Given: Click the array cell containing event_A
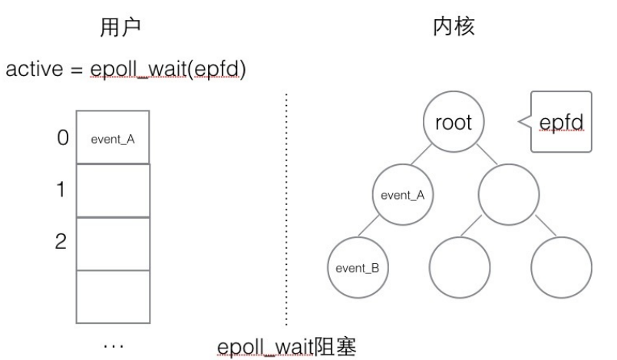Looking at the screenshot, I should tap(112, 138).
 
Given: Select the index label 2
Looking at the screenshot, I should tap(61, 243).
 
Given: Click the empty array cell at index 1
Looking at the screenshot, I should tap(112, 190).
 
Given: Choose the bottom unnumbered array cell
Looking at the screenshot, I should tap(112, 296).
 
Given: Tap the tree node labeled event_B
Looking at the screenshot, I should tap(356, 269).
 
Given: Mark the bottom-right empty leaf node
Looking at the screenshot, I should tap(558, 269).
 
